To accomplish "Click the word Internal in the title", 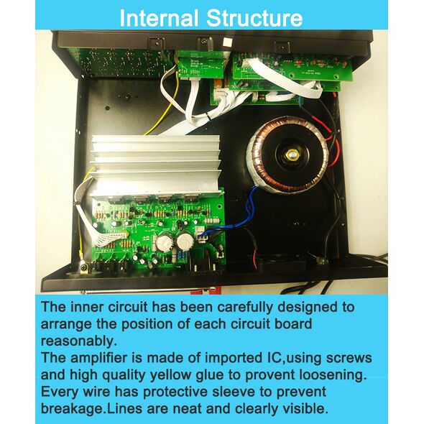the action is click(159, 18).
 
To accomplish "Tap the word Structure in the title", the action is click(254, 18).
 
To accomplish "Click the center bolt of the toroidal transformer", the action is click(292, 155).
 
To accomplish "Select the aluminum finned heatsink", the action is click(156, 165).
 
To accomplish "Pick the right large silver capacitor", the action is click(185, 239).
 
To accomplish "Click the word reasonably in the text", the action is click(79, 341).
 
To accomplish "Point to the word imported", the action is click(231, 359).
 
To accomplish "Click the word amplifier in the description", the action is click(98, 359).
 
